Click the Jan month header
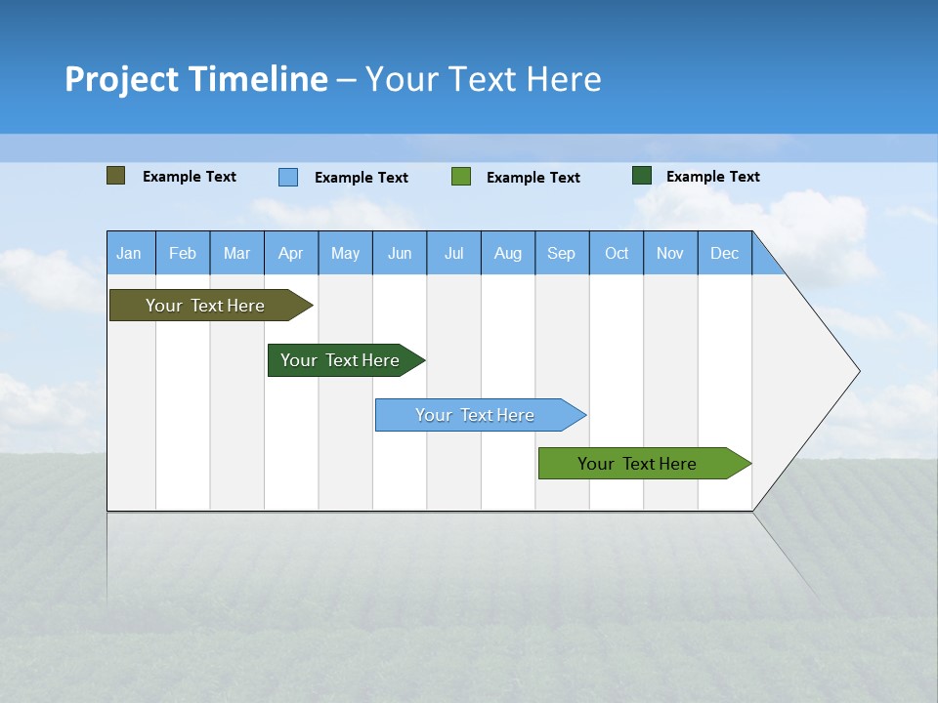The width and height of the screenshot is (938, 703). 130,253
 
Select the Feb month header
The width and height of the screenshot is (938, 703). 183,253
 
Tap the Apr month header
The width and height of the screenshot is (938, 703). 291,253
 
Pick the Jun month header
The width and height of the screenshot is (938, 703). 400,253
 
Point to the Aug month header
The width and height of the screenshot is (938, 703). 508,253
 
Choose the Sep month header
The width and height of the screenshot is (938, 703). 562,253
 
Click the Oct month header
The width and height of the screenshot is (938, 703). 617,253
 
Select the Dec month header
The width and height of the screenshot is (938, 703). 725,253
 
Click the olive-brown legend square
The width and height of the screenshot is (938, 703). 116,176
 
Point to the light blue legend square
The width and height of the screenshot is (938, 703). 288,177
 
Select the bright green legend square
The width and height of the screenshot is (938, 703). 461,177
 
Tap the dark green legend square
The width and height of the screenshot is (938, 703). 642,176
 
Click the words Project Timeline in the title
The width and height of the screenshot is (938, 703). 196,79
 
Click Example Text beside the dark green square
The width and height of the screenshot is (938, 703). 712,177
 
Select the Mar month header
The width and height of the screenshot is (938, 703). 236,253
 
